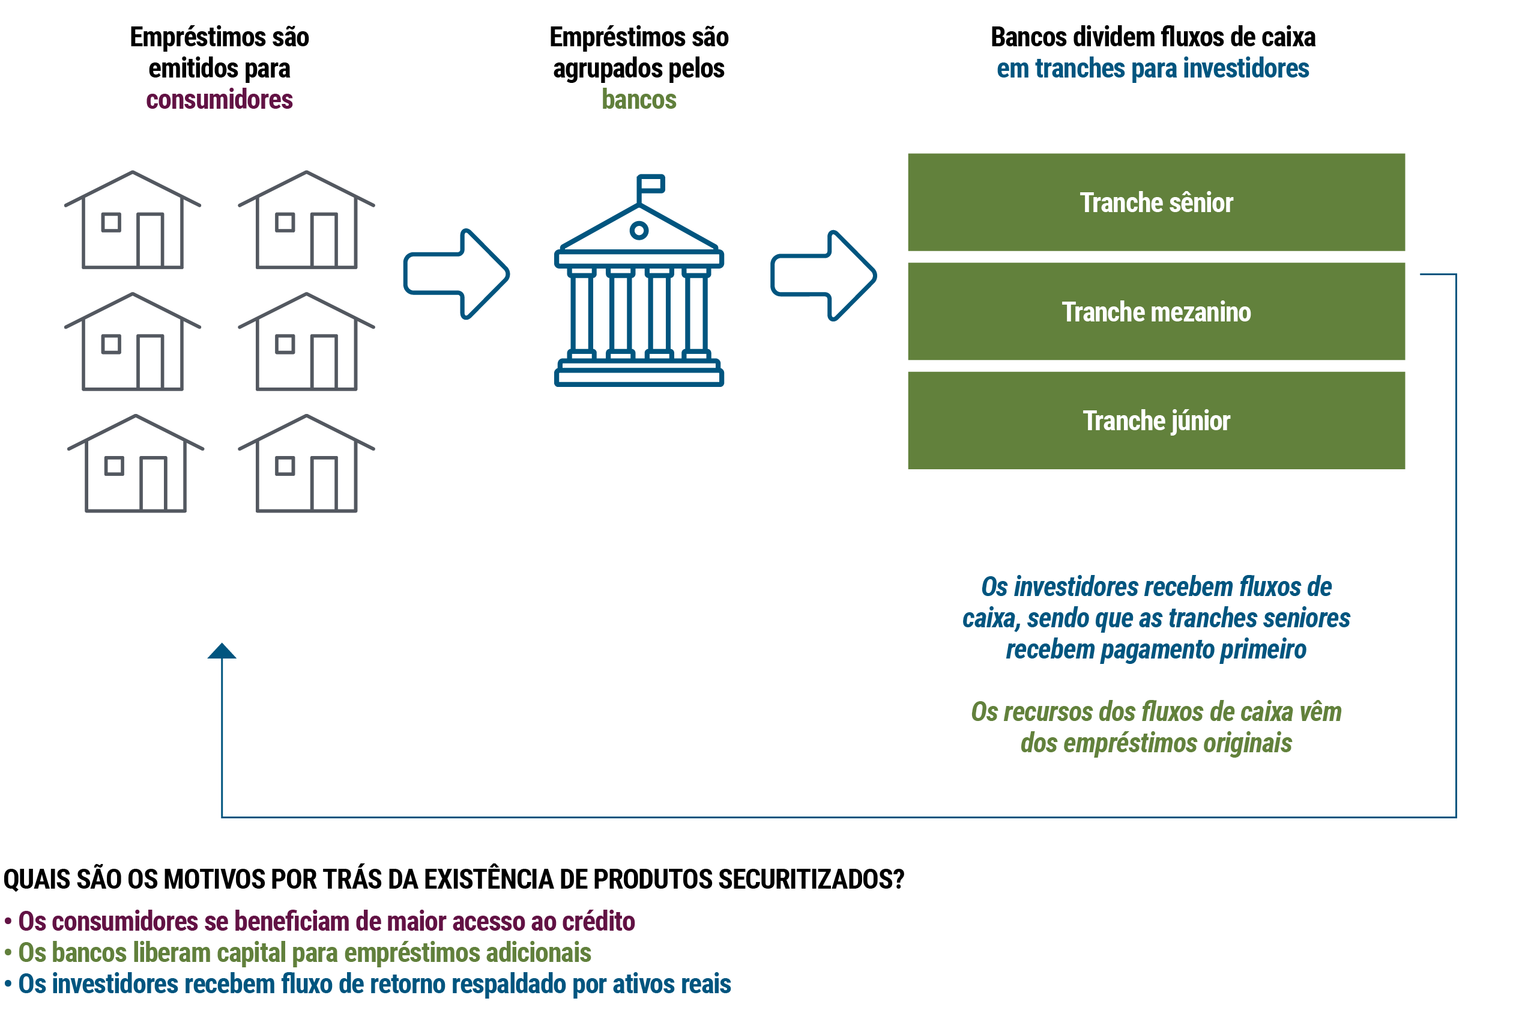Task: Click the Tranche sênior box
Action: tap(1155, 202)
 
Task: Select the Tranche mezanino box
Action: tap(1155, 311)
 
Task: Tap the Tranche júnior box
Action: tap(1155, 420)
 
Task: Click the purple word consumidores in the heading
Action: tap(219, 100)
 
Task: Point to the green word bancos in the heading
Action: tap(639, 100)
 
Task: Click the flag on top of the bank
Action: tap(651, 183)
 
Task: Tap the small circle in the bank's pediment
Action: tap(639, 230)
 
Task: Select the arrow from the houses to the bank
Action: tap(456, 274)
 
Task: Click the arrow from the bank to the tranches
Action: tap(823, 275)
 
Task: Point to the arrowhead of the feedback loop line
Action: tap(222, 651)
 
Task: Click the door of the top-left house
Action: tap(150, 240)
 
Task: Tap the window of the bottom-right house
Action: tap(285, 466)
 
